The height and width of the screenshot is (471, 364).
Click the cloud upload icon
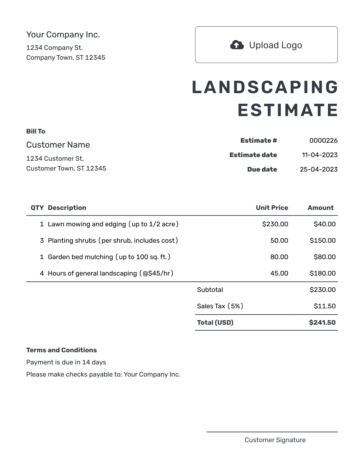(237, 45)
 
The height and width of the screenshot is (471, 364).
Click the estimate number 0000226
(323, 140)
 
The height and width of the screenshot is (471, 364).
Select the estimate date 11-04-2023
(319, 155)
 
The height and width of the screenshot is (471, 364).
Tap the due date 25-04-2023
(318, 169)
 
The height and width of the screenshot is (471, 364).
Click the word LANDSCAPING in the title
(265, 87)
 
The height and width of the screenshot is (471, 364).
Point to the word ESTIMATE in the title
(288, 110)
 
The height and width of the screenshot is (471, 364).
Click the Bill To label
(36, 131)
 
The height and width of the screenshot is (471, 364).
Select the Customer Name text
(58, 145)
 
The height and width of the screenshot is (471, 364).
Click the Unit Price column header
(272, 208)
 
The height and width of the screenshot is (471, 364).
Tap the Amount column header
(320, 208)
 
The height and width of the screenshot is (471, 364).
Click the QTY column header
(37, 208)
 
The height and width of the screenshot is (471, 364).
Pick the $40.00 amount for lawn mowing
(324, 224)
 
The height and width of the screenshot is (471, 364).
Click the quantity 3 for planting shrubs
(42, 240)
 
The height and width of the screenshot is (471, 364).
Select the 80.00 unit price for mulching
(279, 257)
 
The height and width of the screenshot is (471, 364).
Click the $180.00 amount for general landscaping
(322, 273)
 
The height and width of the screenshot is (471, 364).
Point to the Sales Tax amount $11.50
(324, 306)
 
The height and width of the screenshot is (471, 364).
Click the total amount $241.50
(322, 322)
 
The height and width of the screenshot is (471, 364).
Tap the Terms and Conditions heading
(61, 350)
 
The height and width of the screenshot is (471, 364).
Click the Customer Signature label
(275, 440)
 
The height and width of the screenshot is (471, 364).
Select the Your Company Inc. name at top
(63, 34)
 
